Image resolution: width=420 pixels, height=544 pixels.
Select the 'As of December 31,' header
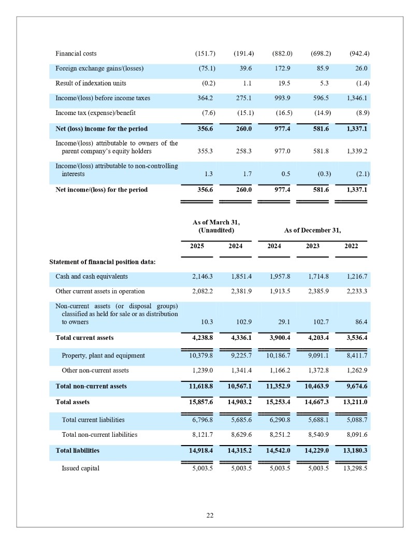coord(312,230)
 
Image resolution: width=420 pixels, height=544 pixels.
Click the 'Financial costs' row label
coord(76,53)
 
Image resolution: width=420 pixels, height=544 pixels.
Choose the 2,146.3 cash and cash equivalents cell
coord(202,277)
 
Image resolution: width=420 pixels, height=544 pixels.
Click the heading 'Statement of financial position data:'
coord(103,262)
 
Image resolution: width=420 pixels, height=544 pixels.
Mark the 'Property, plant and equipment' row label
coord(103,355)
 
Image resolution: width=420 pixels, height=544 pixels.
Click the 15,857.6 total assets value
coord(201,402)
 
